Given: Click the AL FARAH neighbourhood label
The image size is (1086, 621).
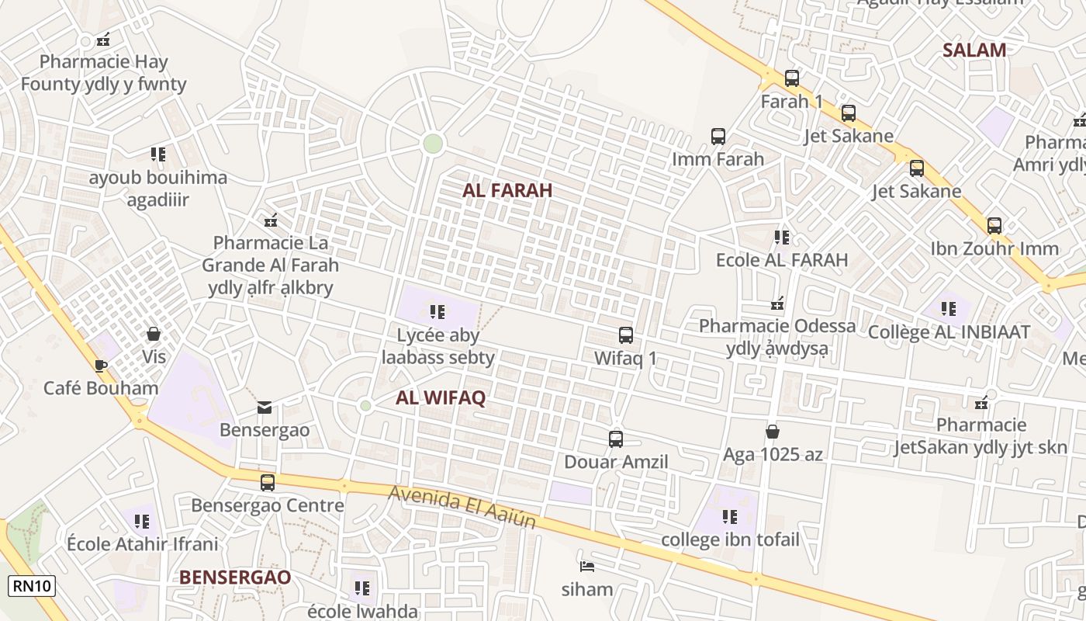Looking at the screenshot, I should click(x=507, y=190).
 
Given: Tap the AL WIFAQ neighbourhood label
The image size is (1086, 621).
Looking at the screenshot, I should click(x=441, y=398).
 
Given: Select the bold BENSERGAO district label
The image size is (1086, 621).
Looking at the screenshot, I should click(x=235, y=578).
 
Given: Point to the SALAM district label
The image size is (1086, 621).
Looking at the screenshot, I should click(x=974, y=50).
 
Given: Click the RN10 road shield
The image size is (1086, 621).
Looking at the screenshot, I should click(x=32, y=585).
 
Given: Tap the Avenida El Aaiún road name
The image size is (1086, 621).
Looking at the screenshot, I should click(x=462, y=507).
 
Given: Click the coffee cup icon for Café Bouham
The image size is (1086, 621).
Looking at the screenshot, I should click(x=100, y=366).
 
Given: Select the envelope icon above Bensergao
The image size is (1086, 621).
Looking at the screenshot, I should click(x=265, y=407).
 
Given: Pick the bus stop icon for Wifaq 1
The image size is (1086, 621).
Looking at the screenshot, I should click(x=625, y=335).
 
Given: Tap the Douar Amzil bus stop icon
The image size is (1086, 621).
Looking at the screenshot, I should click(x=616, y=439).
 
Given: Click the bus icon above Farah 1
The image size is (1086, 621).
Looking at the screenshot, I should click(x=791, y=78).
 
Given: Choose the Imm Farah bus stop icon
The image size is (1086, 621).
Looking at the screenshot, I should click(x=718, y=137).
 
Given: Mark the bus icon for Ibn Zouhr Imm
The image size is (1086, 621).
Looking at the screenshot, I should click(x=994, y=226).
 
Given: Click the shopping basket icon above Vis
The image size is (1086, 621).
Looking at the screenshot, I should click(x=154, y=334).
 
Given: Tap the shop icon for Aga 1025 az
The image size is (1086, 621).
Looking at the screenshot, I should click(x=773, y=432).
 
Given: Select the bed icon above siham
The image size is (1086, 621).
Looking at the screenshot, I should click(x=587, y=566).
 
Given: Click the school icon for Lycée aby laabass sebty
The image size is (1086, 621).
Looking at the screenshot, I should click(x=438, y=312).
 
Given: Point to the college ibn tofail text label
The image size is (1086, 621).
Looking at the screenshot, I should click(x=730, y=539).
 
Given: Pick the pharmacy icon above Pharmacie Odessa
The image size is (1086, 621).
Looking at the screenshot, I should click(x=777, y=304).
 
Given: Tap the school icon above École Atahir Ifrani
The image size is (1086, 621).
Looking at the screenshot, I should click(x=141, y=521).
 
